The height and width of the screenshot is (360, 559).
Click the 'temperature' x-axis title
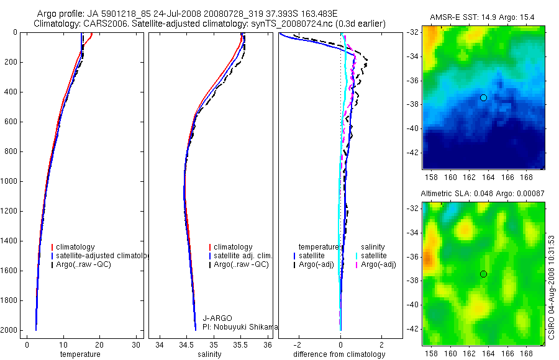click(x=80, y=354)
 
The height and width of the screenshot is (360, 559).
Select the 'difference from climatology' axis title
click(x=340, y=354)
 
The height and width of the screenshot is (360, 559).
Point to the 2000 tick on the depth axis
click(x=9, y=330)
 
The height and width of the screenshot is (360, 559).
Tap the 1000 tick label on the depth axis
click(x=9, y=181)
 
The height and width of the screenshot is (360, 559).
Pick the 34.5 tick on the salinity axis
click(x=186, y=344)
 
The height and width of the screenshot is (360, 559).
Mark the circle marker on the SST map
click(x=483, y=97)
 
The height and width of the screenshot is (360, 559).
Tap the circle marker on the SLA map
click(x=483, y=274)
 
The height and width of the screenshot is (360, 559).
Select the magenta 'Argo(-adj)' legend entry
click(x=378, y=264)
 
